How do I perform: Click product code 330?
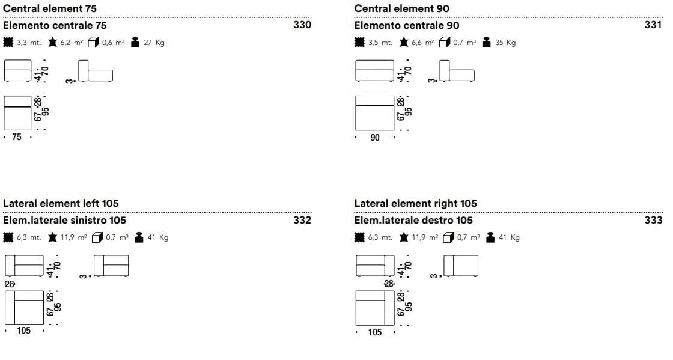click(302, 25)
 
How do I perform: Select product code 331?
click(653, 25)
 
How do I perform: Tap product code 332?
click(302, 220)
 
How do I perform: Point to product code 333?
click(653, 220)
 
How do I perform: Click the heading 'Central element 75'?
click(50, 8)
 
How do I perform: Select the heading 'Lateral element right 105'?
click(415, 203)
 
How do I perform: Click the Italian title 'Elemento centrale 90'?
click(407, 25)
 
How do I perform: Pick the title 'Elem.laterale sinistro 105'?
click(65, 220)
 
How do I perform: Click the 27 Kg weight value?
click(154, 43)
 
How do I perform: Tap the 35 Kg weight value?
click(505, 43)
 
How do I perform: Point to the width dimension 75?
click(16, 137)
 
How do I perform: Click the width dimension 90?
click(375, 138)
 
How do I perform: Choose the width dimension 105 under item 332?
click(23, 331)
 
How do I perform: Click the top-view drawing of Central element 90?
click(374, 112)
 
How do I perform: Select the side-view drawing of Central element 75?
click(96, 72)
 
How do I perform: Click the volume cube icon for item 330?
click(93, 43)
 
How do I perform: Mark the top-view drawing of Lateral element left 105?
click(24, 307)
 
